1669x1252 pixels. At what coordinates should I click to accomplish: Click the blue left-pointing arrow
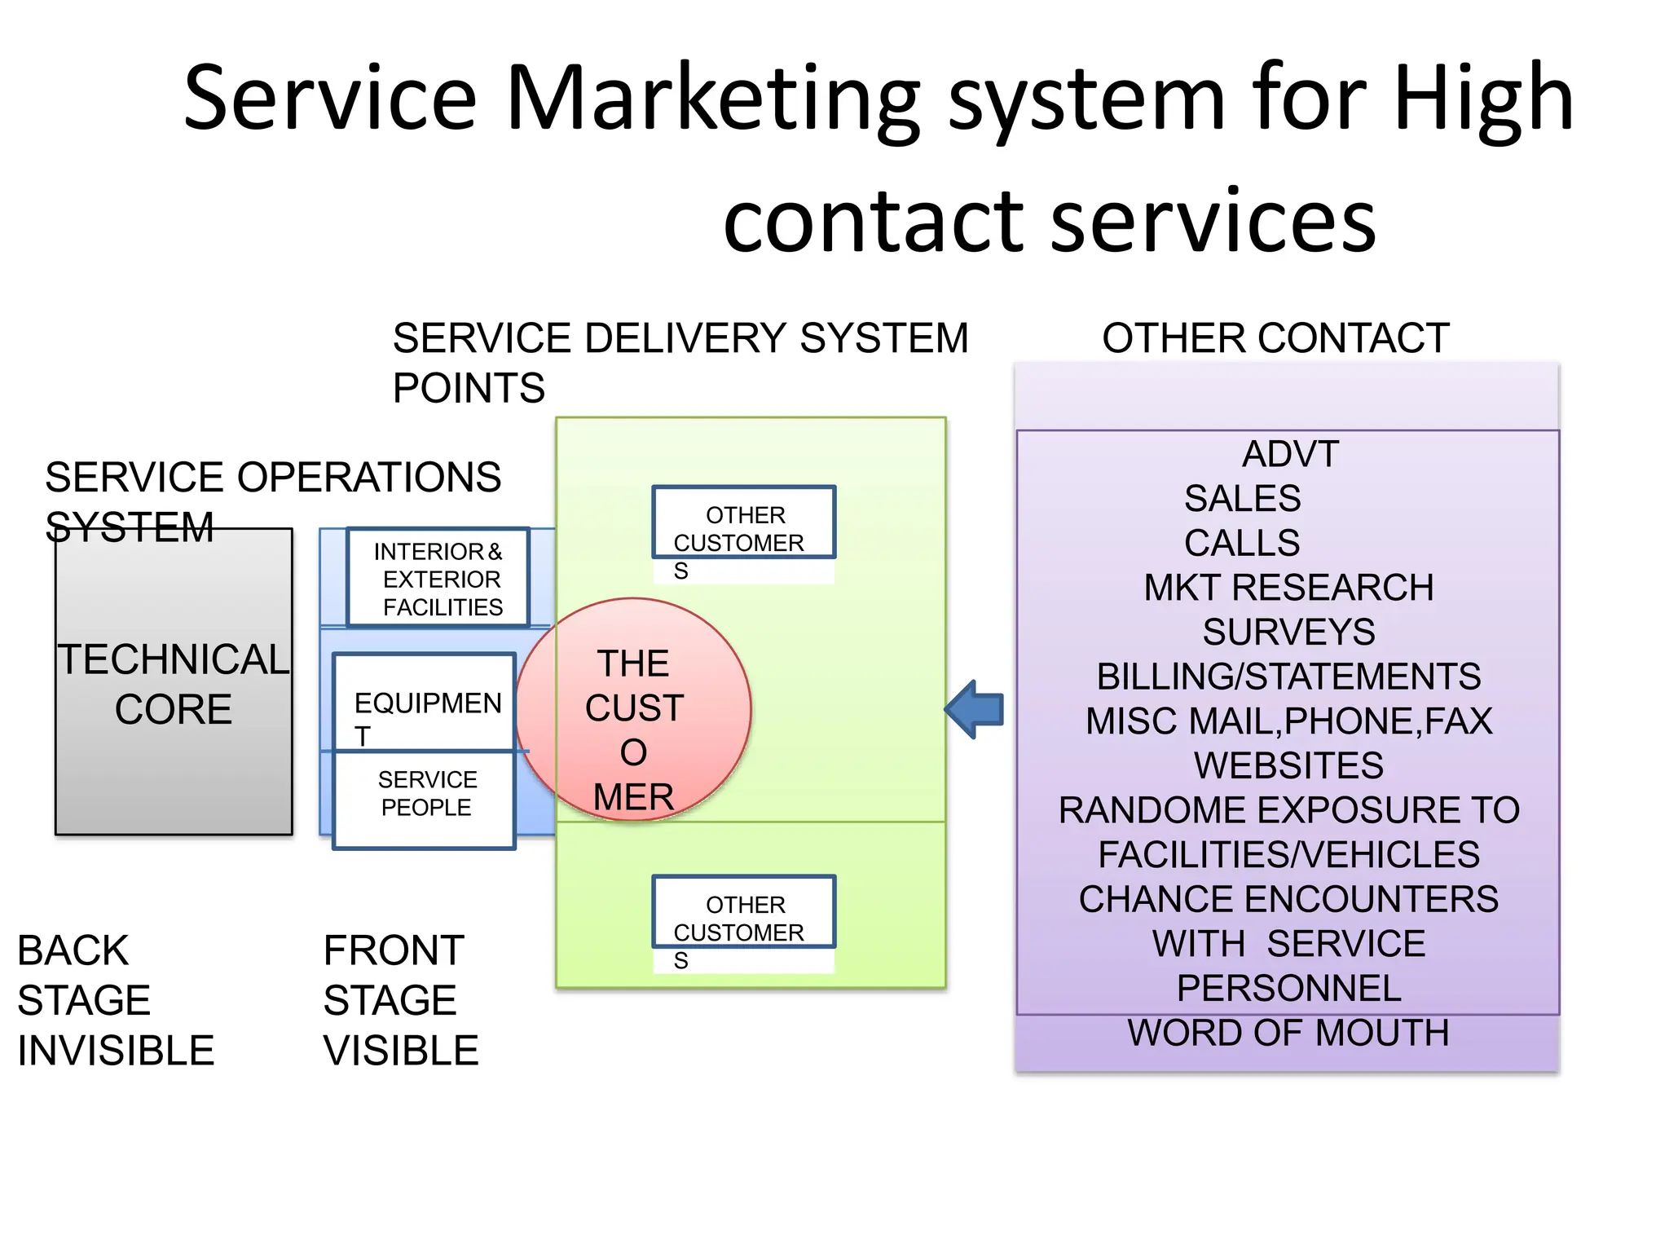click(975, 709)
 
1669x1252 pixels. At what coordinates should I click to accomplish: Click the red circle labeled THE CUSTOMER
click(633, 709)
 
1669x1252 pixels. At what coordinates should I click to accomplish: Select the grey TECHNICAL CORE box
click(174, 682)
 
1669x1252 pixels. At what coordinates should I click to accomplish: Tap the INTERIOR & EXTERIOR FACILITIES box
click(438, 578)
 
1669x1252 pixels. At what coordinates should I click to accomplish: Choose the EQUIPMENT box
click(425, 703)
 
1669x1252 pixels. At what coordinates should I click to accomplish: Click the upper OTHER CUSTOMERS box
click(743, 523)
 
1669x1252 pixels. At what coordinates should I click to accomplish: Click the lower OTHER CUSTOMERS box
click(743, 913)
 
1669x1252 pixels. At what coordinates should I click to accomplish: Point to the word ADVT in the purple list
click(1290, 455)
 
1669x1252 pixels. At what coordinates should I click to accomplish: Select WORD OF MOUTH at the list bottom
click(1288, 1034)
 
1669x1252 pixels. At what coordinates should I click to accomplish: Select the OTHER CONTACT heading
click(1275, 338)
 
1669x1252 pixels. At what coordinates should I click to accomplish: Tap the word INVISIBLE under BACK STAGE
click(116, 1051)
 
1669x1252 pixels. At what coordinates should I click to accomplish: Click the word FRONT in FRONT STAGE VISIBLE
click(394, 951)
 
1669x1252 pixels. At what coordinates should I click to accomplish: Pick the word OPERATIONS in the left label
click(368, 478)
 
